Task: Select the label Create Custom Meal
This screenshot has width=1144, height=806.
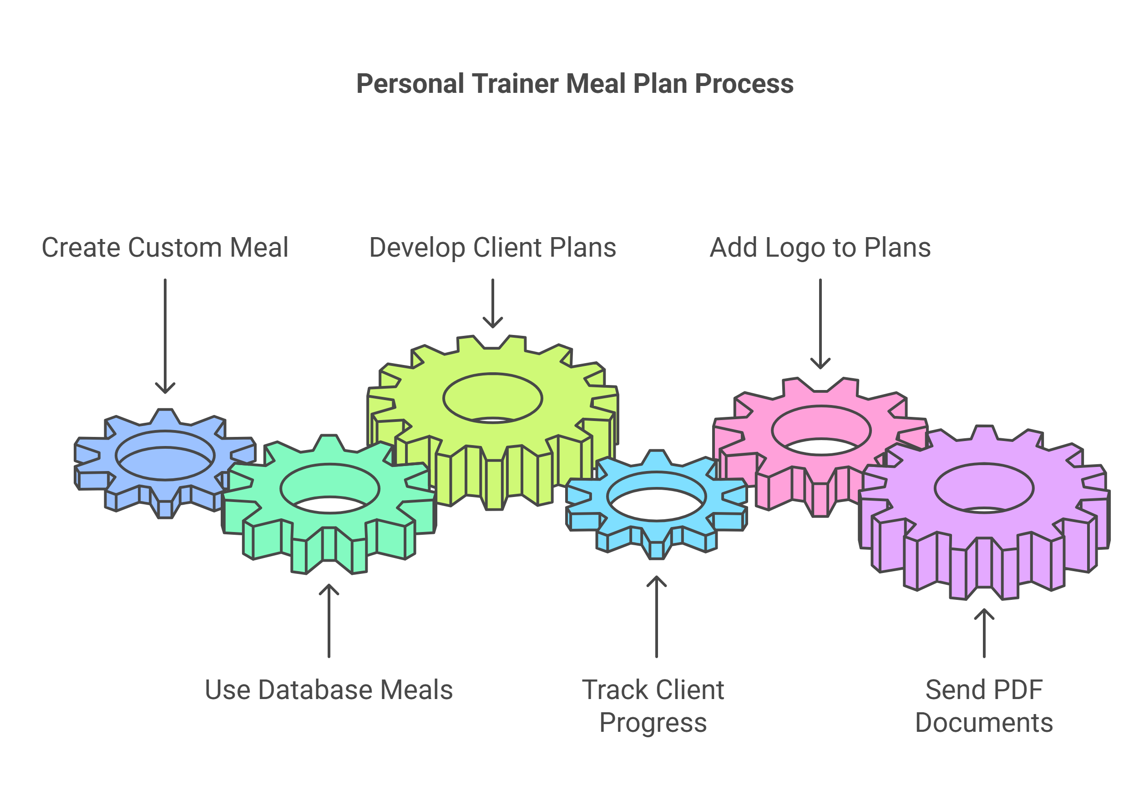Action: [x=165, y=248]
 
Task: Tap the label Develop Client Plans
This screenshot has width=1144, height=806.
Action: [x=492, y=248]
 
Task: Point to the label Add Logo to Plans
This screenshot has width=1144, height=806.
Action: [x=820, y=248]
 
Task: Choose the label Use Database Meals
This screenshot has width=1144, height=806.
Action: [x=329, y=690]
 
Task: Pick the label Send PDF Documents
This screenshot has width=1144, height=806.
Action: [x=984, y=706]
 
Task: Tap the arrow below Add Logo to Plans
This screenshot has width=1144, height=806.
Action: [x=820, y=324]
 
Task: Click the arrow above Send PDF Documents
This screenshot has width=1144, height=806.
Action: [x=984, y=633]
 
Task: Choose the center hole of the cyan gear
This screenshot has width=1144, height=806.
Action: [x=656, y=497]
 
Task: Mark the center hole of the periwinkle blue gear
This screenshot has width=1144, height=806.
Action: [x=165, y=455]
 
